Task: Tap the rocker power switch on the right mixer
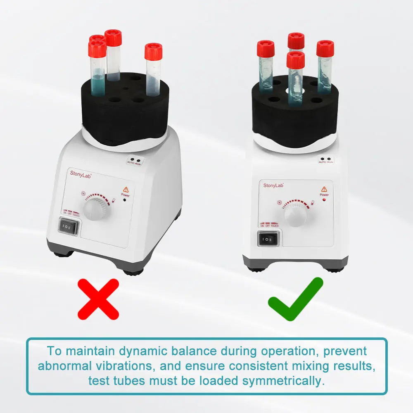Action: click(x=268, y=239)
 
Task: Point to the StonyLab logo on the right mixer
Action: click(x=273, y=185)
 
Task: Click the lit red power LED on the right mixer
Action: click(x=324, y=199)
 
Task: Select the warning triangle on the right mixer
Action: click(x=324, y=189)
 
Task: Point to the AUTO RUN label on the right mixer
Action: click(x=326, y=160)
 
